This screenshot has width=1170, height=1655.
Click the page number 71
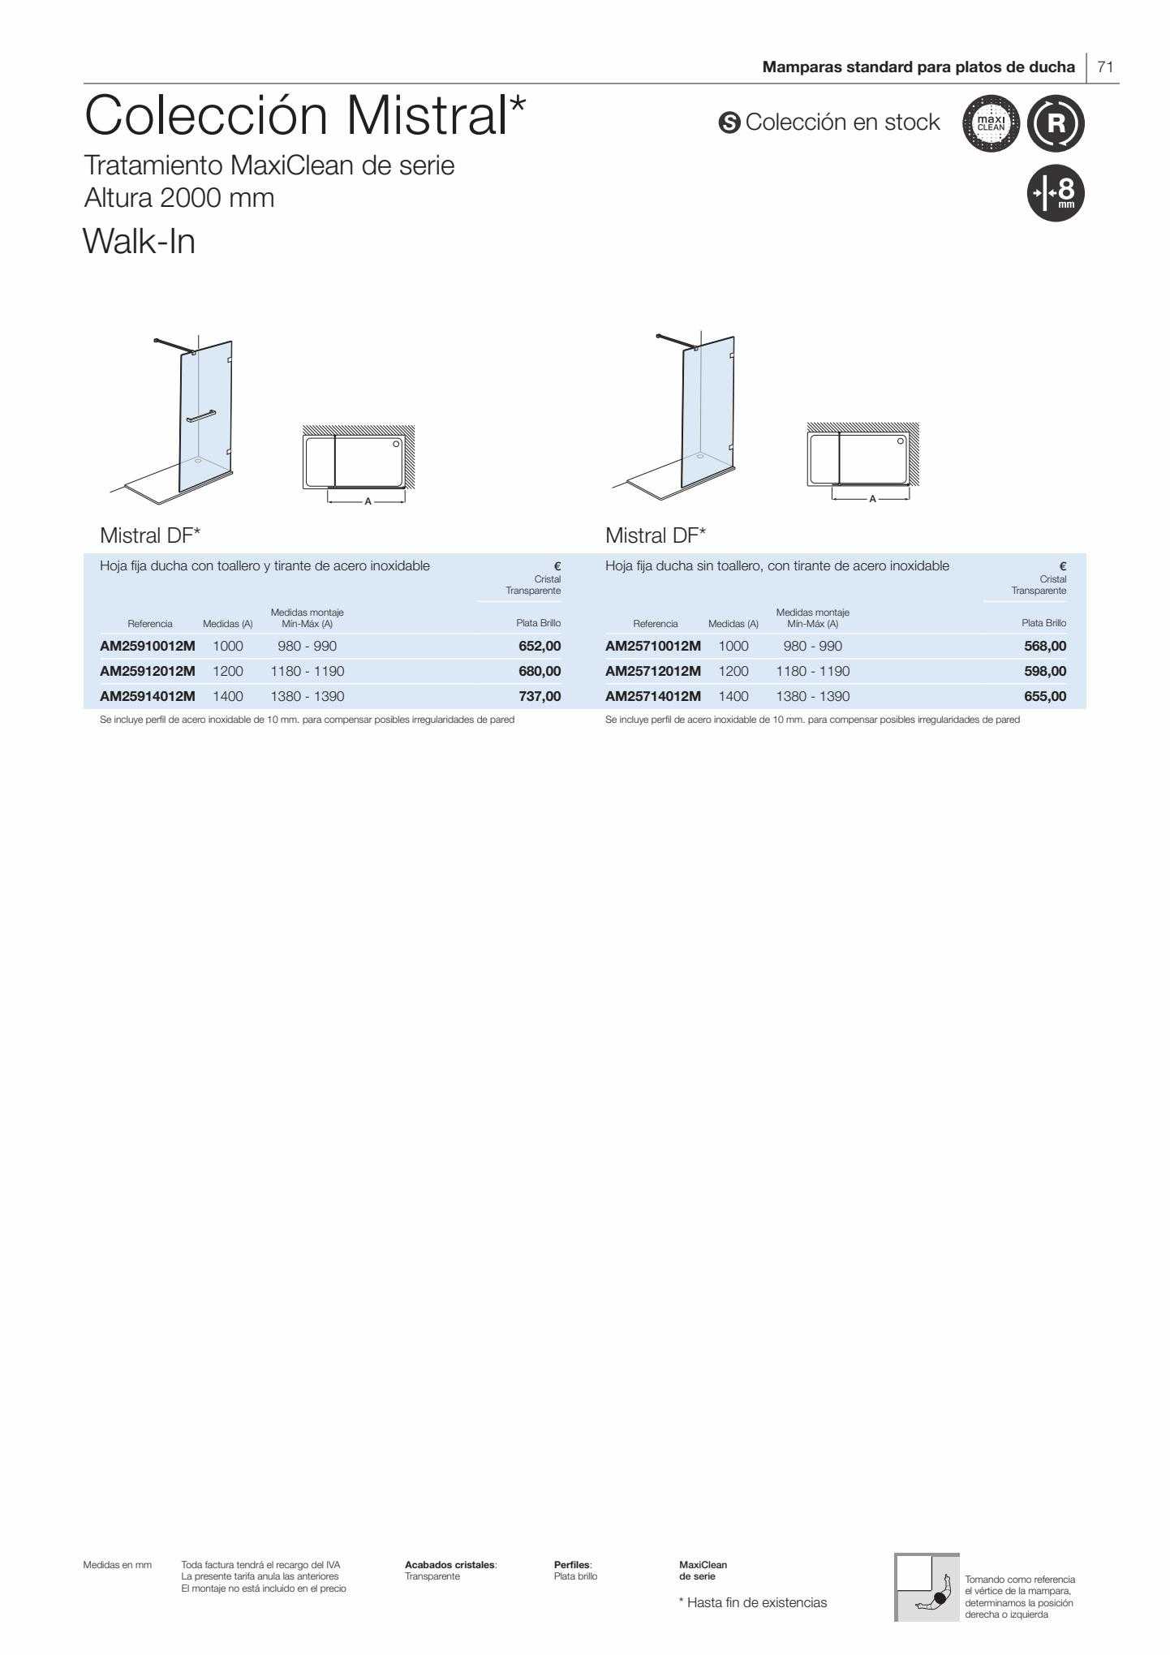point(1105,67)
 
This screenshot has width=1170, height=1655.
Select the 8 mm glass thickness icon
point(1056,193)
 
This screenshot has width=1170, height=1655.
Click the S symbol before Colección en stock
point(729,123)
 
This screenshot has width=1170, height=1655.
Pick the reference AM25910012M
point(148,647)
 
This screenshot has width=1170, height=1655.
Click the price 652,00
point(540,647)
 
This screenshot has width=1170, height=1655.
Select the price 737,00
point(540,696)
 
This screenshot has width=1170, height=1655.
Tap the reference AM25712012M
point(653,671)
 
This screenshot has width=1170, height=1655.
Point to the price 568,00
point(1045,647)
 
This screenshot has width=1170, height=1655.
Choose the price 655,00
point(1045,696)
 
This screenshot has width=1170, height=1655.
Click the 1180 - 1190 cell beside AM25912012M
point(308,671)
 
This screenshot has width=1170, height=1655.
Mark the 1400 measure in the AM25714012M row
point(733,696)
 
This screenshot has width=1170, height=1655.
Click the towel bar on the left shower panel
point(201,416)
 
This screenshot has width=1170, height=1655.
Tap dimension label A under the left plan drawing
point(368,501)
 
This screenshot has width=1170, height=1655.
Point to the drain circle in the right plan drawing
point(901,441)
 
